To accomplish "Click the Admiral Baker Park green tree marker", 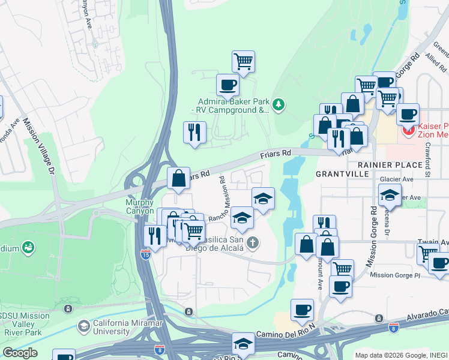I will point(278,106).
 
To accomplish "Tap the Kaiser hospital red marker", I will point(409,130).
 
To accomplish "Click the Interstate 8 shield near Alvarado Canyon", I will point(393,328).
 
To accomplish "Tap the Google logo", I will point(20,353).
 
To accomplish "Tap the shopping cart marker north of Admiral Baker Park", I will point(244,60).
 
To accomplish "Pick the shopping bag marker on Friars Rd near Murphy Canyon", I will point(179,178).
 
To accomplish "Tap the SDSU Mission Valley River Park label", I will point(26,323).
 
